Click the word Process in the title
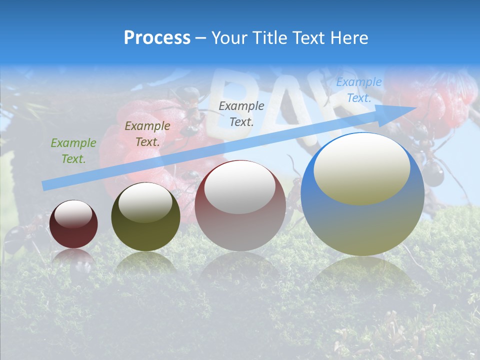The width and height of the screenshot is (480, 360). [157, 38]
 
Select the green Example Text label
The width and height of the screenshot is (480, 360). [73, 150]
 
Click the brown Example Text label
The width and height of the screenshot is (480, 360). [147, 133]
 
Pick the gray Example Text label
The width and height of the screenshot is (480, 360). [241, 113]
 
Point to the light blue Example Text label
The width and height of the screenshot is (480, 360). [358, 90]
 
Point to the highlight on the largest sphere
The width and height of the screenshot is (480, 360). [361, 168]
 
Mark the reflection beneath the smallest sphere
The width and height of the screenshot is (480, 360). [73, 260]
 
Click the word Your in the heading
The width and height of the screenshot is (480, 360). [228, 38]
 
